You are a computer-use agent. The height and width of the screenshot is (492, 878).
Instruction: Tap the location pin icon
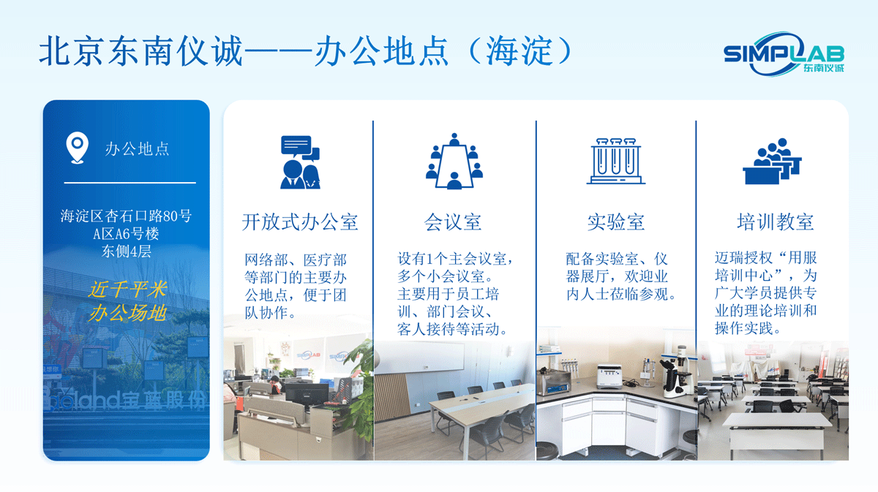76,148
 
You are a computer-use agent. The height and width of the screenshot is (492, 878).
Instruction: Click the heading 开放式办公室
300,222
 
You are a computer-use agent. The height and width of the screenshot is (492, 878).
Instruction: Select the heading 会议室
453,222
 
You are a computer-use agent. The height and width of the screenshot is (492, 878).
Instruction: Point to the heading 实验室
615,222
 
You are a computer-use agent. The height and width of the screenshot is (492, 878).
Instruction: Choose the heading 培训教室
775,222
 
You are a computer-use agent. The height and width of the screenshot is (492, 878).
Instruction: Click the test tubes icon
615,160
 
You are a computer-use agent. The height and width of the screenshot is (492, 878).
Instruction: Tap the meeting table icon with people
454,162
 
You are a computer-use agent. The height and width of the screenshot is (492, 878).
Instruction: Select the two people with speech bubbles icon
300,162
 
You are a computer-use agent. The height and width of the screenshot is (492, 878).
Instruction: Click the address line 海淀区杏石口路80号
126,216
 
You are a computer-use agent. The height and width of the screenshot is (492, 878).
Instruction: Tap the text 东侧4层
126,252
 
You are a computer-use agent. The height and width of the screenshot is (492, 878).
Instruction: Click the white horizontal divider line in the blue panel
130,182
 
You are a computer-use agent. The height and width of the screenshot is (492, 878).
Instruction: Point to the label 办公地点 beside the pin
137,148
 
